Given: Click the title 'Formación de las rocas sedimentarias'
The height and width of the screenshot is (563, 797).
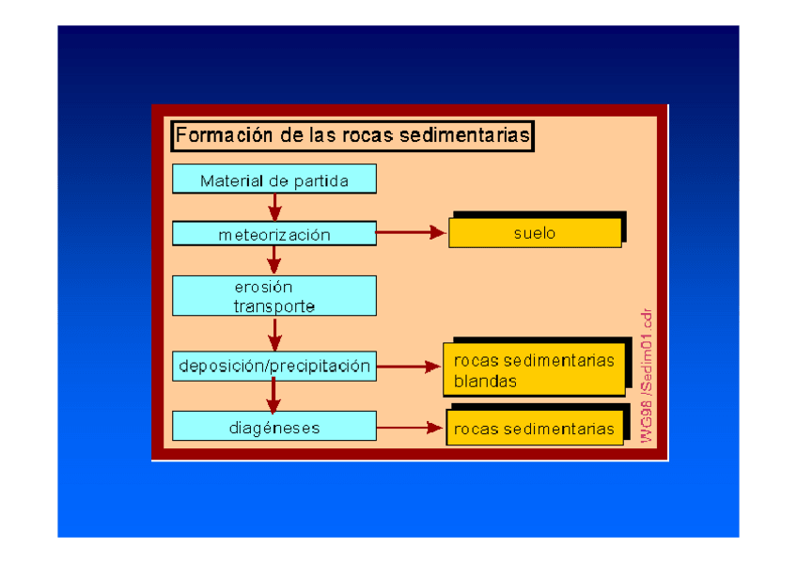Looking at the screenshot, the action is [352, 135].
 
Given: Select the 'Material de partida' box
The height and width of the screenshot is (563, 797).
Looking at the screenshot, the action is [273, 180].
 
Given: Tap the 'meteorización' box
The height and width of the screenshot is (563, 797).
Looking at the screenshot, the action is [273, 235].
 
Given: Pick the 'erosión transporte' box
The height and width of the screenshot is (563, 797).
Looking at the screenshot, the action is [273, 295].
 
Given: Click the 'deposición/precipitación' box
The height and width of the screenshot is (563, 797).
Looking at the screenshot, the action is [273, 366].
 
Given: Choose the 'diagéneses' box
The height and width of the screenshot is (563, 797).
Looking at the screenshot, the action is [273, 428].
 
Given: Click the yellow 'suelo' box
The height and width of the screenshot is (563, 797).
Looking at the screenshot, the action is [534, 233].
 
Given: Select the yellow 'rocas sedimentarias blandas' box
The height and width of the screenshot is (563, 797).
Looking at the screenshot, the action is [534, 370].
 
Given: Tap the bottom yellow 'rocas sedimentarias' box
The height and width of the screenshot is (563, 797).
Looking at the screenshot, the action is [534, 429].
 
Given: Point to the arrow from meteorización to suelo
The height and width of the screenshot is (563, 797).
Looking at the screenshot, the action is [411, 232].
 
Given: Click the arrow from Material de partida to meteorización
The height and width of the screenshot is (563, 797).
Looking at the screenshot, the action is [274, 207].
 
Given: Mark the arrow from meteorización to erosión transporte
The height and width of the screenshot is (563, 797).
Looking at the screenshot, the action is [274, 259].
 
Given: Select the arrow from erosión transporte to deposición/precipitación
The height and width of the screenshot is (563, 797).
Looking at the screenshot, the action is [274, 333].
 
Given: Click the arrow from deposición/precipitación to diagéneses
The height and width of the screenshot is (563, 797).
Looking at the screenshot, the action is [274, 395].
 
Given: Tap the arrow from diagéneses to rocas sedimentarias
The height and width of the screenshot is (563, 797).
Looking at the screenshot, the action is [410, 428].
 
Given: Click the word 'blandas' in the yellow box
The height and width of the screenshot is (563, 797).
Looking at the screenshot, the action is [485, 382].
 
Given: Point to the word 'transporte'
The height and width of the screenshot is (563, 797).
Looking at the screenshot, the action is [273, 306].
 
